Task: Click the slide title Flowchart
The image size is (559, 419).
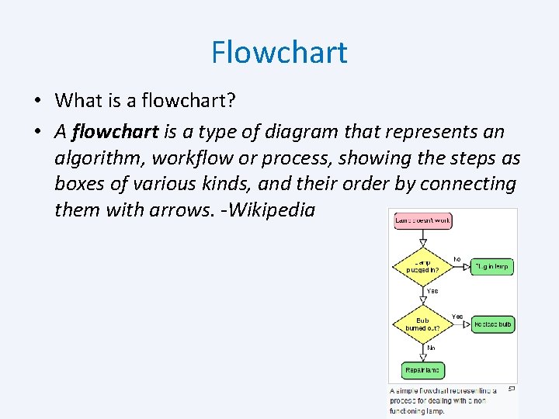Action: [x=279, y=53]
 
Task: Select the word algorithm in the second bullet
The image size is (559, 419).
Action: [x=99, y=158]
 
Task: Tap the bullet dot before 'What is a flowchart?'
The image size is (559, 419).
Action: [x=36, y=101]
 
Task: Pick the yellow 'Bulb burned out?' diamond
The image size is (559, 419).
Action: [x=422, y=324]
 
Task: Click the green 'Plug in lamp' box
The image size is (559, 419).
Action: [x=493, y=266]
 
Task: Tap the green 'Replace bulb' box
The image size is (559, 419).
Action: [x=493, y=324]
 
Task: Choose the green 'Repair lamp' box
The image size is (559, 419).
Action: [x=423, y=371]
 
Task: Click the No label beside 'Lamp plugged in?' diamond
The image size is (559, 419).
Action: [x=457, y=259]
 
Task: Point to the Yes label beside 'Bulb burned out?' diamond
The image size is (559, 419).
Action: [x=457, y=317]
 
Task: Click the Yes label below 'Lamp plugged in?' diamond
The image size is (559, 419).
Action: [x=432, y=291]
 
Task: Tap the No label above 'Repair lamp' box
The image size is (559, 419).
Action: [x=431, y=348]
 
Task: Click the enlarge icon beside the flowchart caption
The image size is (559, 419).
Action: [x=512, y=388]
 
